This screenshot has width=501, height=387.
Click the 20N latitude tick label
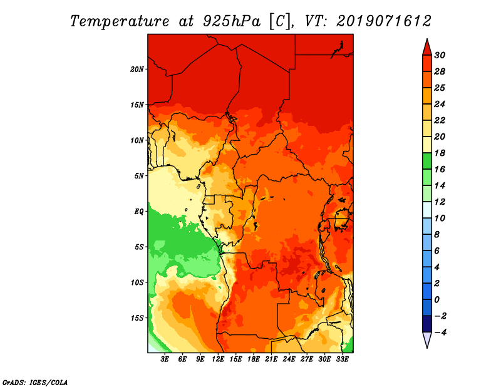coord(137,69)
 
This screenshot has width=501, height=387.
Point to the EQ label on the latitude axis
coord(139,212)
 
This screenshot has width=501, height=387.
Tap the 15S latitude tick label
coord(137,318)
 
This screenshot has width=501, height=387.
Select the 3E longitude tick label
coord(165,359)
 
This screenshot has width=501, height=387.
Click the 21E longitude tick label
coord(271,359)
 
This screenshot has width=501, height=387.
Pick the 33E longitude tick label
coord(342,359)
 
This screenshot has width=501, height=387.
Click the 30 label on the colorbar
coord(440,55)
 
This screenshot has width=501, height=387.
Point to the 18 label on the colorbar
coord(440,153)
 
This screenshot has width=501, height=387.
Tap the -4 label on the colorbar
coord(440,333)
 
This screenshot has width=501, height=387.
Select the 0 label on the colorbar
coord(436,300)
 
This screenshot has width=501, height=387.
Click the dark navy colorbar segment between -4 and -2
coord(427,324)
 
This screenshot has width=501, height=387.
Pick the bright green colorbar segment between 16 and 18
coord(427,161)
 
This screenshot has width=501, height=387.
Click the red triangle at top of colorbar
coord(427,48)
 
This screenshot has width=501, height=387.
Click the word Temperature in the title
coord(120,21)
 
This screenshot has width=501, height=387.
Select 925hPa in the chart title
coord(231,21)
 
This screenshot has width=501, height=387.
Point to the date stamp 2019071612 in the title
coord(384,21)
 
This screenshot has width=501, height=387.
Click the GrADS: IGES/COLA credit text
coord(35,383)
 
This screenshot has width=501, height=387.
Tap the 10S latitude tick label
coord(137,282)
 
